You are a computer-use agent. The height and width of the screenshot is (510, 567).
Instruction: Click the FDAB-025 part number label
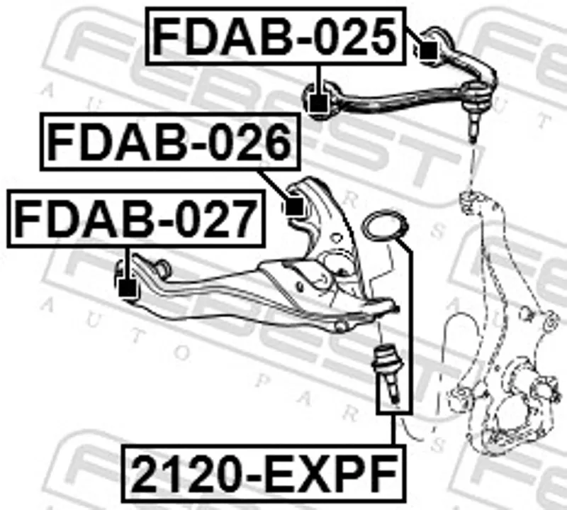tap(276, 36)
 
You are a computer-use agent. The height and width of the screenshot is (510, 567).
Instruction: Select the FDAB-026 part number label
tap(170, 142)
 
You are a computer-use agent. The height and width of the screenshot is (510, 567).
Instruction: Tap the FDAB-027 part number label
tap(136, 218)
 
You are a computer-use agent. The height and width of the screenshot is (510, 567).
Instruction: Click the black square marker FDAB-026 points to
tap(294, 206)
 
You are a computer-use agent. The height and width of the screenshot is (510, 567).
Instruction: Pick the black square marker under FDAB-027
tap(127, 288)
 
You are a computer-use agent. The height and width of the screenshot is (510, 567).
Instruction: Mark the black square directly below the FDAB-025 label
tap(318, 103)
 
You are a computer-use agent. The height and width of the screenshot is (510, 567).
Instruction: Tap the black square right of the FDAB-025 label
tap(429, 50)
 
